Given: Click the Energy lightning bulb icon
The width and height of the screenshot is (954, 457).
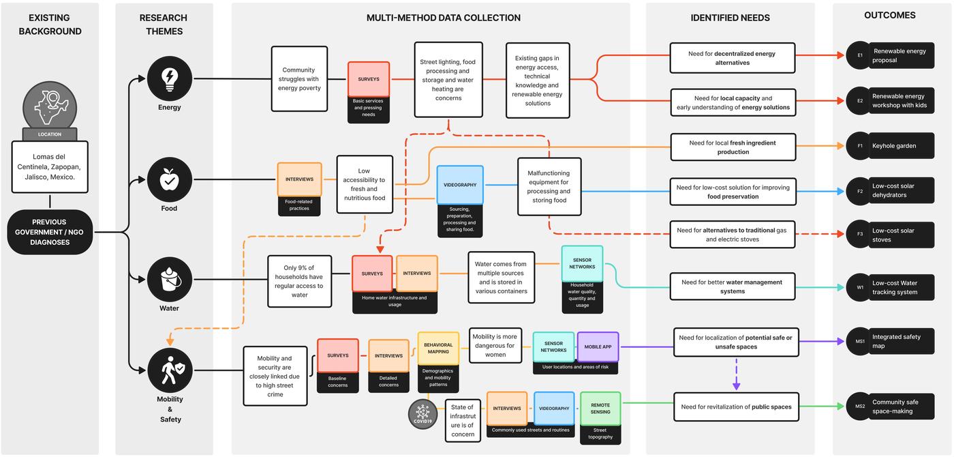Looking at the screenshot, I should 170,78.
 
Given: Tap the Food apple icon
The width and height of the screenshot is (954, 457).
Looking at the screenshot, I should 170,180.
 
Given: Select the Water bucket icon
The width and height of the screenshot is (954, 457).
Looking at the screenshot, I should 170,280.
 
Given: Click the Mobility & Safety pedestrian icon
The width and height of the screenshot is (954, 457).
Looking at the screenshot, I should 170,370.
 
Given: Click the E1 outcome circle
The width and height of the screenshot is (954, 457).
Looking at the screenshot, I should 860,55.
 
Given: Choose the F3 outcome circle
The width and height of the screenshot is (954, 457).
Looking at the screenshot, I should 860,235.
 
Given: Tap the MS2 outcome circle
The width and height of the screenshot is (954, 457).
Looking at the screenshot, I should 860,407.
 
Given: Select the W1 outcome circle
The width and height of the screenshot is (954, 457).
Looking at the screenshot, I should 860,287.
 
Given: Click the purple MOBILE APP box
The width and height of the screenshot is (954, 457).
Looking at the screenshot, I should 598,347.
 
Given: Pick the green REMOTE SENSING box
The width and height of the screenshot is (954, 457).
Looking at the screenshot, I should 600,409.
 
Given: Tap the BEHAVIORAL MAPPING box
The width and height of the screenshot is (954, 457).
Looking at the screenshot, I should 438,348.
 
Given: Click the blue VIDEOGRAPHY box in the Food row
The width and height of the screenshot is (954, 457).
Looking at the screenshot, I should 460,185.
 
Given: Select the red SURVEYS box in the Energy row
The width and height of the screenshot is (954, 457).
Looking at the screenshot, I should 369,79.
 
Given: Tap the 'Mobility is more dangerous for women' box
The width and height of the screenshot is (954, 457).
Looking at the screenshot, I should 495,346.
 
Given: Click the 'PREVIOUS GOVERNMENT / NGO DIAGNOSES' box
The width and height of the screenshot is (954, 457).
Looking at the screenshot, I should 50,232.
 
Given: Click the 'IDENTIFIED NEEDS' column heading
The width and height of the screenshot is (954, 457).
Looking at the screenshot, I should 730,18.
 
